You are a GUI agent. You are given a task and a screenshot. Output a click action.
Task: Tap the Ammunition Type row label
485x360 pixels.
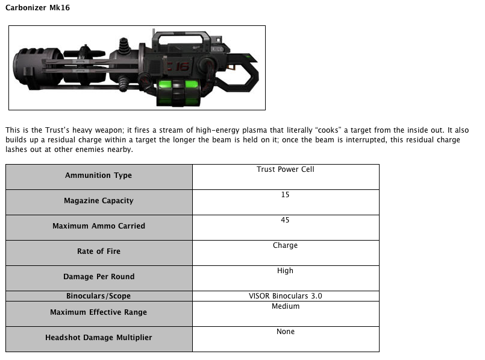(x=98, y=175)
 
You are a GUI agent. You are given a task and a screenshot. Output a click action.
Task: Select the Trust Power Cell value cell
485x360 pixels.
(x=285, y=169)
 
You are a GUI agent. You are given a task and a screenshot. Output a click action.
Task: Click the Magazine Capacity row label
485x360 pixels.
(x=98, y=201)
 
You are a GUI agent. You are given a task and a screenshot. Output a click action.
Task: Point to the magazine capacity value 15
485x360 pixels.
(x=285, y=195)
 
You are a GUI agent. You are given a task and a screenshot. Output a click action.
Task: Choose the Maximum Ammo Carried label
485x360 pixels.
(x=98, y=226)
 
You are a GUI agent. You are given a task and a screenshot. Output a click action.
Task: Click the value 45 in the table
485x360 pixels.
(x=285, y=220)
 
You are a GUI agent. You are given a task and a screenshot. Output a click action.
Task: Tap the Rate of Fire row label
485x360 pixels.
(x=98, y=251)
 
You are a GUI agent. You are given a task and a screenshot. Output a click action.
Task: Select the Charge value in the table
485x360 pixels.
(x=285, y=245)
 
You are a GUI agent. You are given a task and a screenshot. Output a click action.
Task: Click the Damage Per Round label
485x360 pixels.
(x=98, y=277)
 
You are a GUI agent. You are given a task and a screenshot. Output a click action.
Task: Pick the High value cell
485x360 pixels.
(x=285, y=271)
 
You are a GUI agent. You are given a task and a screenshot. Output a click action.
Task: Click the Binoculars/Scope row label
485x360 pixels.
(x=98, y=296)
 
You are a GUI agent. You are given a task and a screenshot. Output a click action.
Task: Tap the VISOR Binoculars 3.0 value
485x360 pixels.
(x=285, y=296)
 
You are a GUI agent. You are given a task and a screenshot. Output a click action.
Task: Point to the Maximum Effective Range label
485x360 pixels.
(x=98, y=312)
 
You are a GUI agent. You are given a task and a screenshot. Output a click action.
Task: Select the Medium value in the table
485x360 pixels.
(x=285, y=306)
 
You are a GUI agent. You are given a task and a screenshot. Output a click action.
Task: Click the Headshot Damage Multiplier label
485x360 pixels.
(x=98, y=338)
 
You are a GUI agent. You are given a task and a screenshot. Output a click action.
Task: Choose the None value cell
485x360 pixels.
(x=285, y=332)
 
